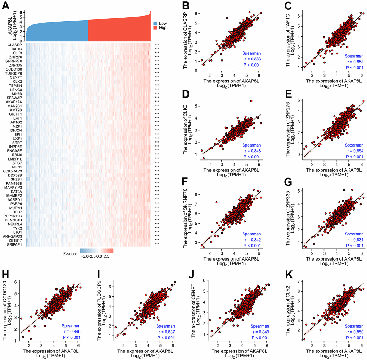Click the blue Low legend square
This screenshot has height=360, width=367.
point(155,23)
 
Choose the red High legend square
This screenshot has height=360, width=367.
point(155,27)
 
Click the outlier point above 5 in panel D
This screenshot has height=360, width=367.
point(251,101)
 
